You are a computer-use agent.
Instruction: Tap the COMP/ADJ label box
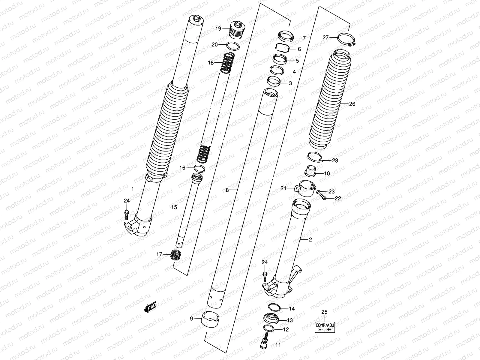[x=325, y=327]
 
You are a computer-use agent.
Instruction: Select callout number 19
[x=218, y=28]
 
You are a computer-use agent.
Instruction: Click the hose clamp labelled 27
[x=346, y=39]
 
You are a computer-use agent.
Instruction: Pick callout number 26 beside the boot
[x=352, y=104]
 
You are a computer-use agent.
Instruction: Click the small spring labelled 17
[x=176, y=255]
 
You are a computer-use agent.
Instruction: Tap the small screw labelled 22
[x=323, y=197]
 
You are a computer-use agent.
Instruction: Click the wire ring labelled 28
[x=315, y=157]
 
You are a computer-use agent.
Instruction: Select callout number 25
[x=324, y=312]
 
